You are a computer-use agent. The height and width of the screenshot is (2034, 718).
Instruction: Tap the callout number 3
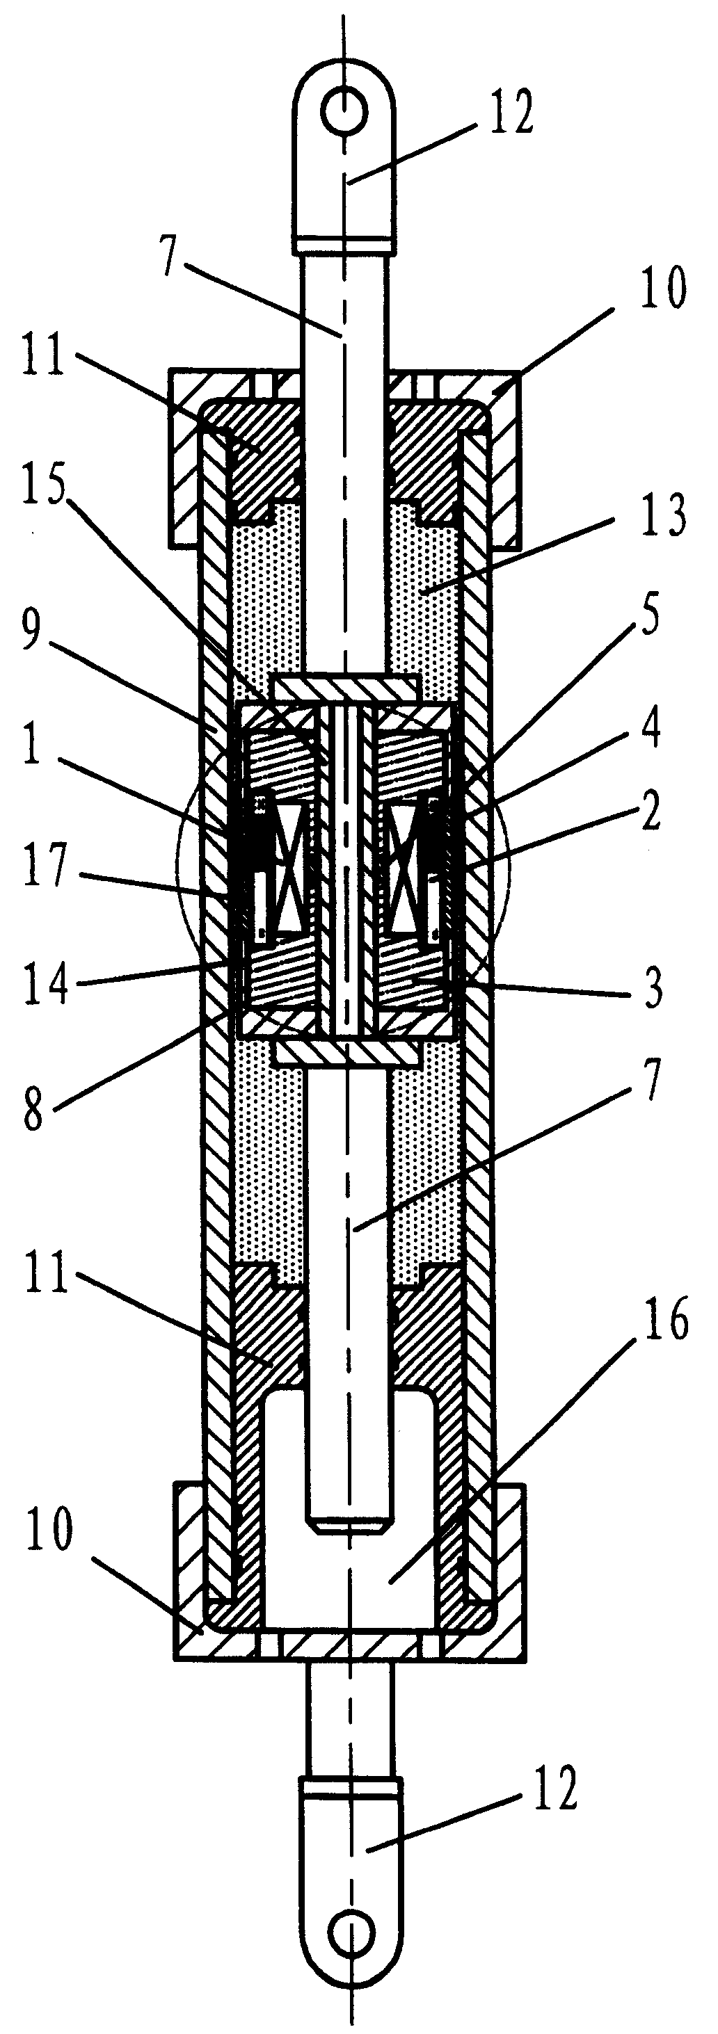652,987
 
